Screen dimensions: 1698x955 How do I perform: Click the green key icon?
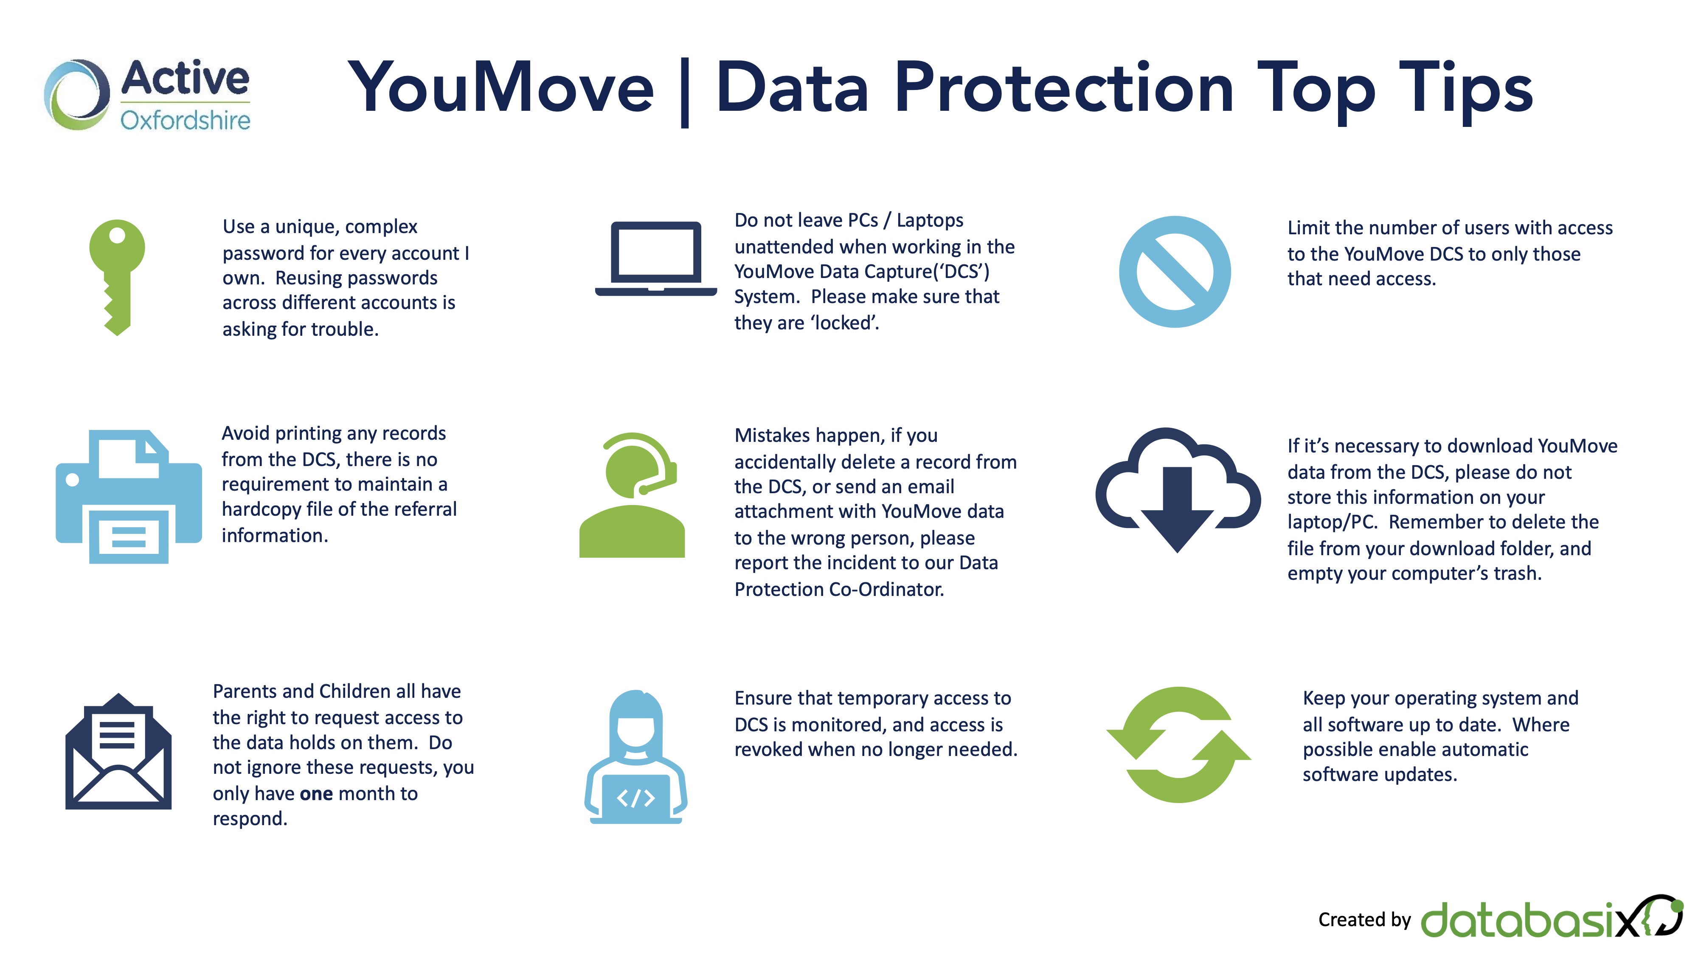click(117, 277)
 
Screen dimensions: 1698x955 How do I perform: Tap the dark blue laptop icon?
click(656, 259)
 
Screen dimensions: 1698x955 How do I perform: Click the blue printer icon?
click(129, 496)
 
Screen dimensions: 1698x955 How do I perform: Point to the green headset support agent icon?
click(632, 495)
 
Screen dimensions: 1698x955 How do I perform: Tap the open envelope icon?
click(119, 751)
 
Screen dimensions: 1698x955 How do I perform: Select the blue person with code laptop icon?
click(635, 757)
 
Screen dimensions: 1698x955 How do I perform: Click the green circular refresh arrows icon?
click(1178, 745)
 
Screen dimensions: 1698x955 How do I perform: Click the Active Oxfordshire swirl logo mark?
click(76, 94)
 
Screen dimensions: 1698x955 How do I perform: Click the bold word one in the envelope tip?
click(316, 794)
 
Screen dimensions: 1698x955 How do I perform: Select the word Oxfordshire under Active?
click(185, 120)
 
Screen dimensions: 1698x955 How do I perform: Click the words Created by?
click(1364, 919)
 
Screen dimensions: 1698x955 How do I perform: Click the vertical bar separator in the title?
click(685, 92)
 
